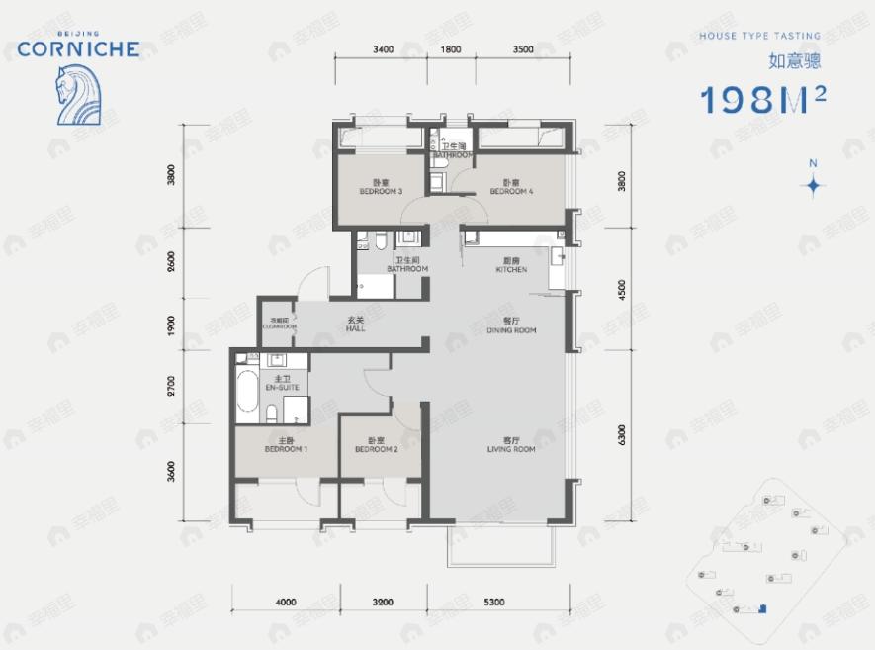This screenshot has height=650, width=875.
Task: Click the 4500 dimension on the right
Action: (621, 294)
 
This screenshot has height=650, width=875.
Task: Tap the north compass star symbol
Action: (813, 185)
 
